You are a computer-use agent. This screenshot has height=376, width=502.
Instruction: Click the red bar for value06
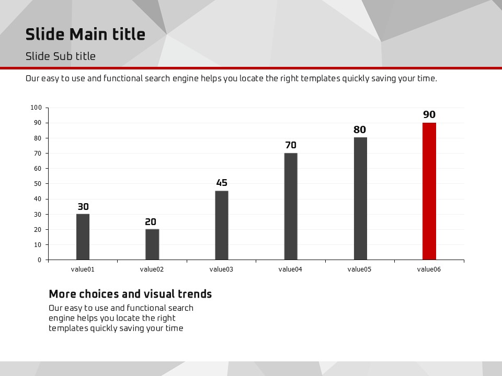pos(429,191)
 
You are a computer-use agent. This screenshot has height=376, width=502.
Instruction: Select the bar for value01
pos(83,237)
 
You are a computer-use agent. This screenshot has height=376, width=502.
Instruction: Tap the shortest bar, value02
pos(152,244)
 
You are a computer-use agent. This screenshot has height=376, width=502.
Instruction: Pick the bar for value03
pos(222,225)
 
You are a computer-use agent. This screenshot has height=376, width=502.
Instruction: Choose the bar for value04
pos(291,206)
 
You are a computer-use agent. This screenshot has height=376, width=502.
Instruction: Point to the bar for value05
pos(360,198)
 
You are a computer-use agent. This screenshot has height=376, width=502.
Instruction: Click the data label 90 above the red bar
pos(429,115)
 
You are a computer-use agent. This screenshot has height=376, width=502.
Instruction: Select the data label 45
pos(222,183)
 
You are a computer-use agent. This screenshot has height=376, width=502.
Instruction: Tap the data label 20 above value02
pos(151,222)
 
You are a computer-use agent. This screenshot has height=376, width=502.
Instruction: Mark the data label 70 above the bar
pos(291,145)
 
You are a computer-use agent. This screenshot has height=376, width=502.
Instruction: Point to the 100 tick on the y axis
pos(36,108)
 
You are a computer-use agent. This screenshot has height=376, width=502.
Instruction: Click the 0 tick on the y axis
pos(39,260)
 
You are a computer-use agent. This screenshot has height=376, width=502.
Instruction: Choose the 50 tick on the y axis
pos(38,184)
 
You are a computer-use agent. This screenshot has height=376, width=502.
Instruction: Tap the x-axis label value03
pos(221,269)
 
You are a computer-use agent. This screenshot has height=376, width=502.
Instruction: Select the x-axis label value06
pos(429,269)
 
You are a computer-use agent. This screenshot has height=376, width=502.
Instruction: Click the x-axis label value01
pos(83,269)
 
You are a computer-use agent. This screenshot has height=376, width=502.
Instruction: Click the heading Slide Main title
pos(85,34)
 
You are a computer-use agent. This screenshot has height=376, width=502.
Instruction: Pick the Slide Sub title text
pos(61,56)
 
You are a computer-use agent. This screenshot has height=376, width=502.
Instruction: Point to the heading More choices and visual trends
pos(130,294)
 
